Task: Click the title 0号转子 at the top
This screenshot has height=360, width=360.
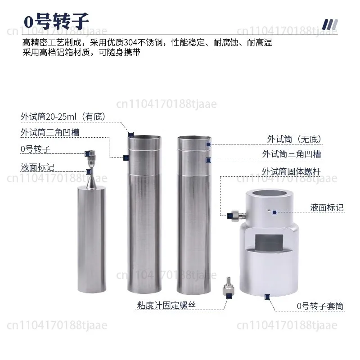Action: pyautogui.click(x=57, y=21)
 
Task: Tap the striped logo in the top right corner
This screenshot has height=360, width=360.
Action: pyautogui.click(x=330, y=25)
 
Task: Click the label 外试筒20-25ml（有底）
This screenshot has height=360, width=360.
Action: pyautogui.click(x=63, y=117)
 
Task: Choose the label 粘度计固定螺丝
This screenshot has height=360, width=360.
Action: pyautogui.click(x=166, y=306)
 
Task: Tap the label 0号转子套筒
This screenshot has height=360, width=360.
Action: pyautogui.click(x=320, y=306)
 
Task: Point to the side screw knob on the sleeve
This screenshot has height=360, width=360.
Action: pyautogui.click(x=234, y=216)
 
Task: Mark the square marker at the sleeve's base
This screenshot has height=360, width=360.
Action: pyautogui.click(x=267, y=297)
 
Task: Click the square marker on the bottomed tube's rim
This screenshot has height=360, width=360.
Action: pyautogui.click(x=131, y=134)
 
